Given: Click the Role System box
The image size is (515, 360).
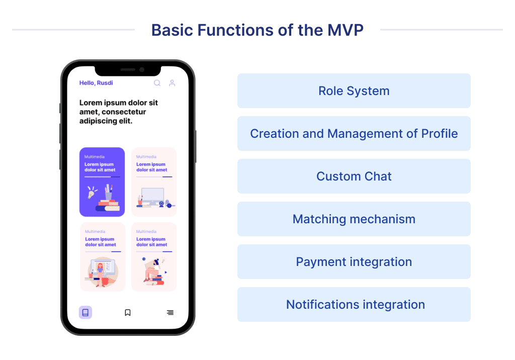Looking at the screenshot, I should pos(354,91).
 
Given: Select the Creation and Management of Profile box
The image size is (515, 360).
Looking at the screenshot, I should pos(354,134).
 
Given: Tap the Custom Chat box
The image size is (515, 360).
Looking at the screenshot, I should pos(354,176).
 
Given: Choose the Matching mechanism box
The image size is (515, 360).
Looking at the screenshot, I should pos(354,219).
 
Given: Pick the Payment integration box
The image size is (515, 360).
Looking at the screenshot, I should pos(354,262).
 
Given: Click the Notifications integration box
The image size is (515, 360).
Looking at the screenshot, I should pos(354,305).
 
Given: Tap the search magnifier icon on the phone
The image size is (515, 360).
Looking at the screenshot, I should pos(157,83).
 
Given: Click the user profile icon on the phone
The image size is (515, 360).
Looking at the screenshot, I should pos(172,83).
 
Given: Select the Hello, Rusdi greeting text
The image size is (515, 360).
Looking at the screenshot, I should pos(96,83).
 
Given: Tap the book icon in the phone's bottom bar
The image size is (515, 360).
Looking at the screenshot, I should pos(85,313).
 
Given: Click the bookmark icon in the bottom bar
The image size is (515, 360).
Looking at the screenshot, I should pos(128,313).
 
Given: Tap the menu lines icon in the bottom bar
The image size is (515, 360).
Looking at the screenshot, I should pos(170,313).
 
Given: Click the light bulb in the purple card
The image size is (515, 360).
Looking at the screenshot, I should pos(92,193).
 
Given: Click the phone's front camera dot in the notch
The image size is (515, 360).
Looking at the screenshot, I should pos(142,69).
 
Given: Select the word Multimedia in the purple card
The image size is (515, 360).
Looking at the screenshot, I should pos(95,157).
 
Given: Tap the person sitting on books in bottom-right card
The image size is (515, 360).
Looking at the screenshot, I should pos(153,272).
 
